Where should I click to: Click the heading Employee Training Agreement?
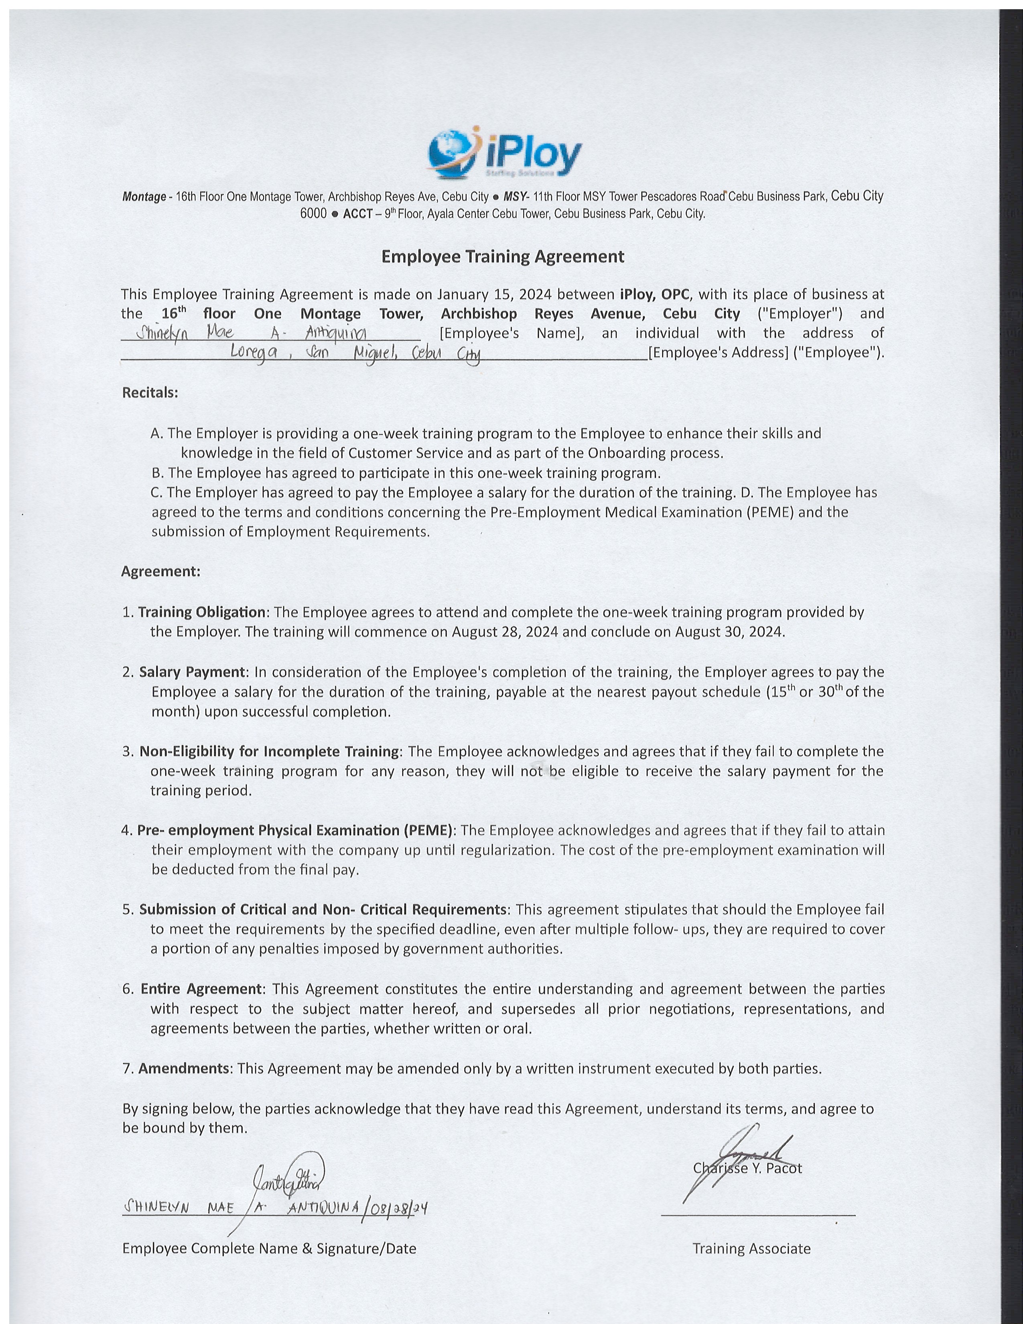click(502, 256)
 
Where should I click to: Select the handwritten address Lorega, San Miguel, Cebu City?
click(355, 353)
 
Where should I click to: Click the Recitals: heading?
click(150, 392)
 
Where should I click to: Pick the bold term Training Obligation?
click(202, 612)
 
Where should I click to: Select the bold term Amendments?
click(184, 1068)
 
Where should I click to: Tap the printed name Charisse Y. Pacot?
click(747, 1168)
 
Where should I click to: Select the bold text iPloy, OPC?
click(655, 294)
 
